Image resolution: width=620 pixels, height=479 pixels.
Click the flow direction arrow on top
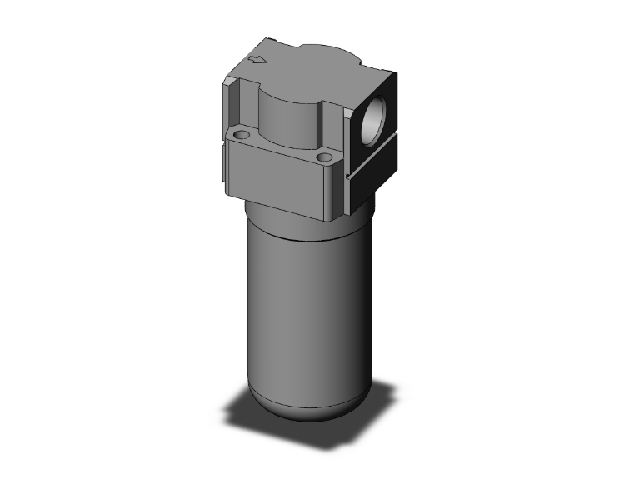pyautogui.click(x=259, y=59)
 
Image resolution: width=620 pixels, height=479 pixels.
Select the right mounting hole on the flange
pyautogui.click(x=325, y=156)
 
